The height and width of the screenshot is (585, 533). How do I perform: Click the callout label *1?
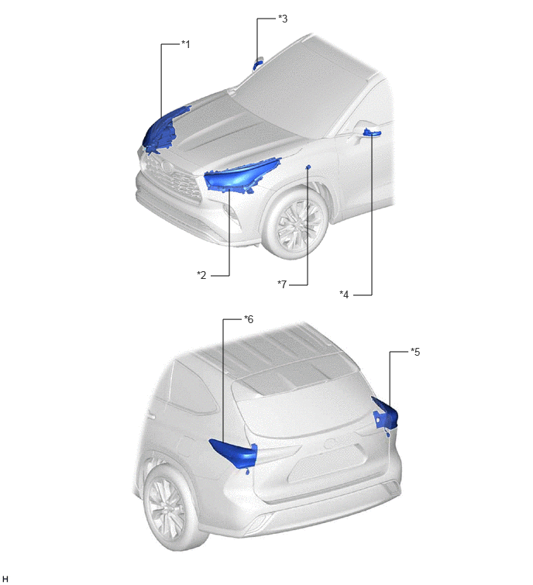(x=185, y=44)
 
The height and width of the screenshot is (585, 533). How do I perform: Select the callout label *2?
(x=201, y=275)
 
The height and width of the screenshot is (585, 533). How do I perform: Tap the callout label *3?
(x=283, y=19)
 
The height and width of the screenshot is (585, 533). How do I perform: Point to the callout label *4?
(x=344, y=294)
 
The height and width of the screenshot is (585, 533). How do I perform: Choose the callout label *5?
(x=415, y=352)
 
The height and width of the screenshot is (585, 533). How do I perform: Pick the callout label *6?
(x=249, y=319)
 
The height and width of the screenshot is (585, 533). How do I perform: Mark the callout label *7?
(x=282, y=284)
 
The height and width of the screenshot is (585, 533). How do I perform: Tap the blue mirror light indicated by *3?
(x=257, y=64)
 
